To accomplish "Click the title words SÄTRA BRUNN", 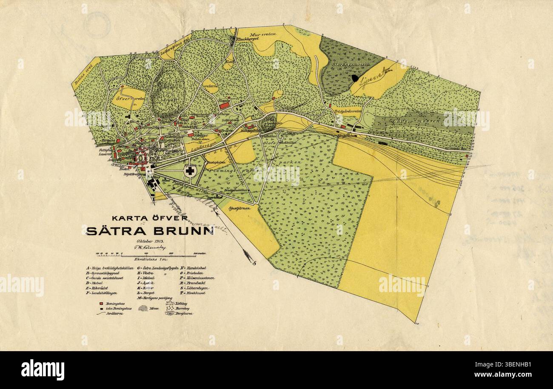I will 150,231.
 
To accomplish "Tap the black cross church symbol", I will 190,171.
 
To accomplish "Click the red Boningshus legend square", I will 101,304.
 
